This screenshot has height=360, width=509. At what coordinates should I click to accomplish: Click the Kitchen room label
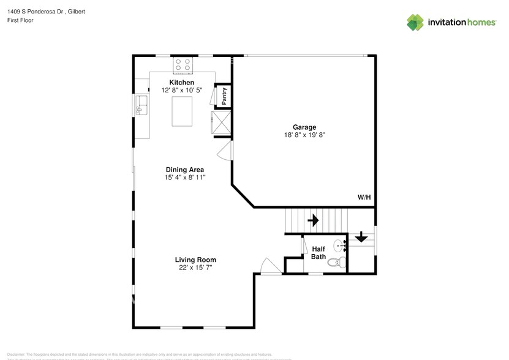click(182, 83)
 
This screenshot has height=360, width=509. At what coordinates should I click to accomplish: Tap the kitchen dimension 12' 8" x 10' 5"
click(182, 91)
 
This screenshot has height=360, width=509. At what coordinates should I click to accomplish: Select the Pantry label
click(225, 95)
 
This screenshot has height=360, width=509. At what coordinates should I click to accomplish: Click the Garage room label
click(304, 127)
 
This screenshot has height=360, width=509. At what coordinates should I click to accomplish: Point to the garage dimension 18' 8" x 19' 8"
click(304, 135)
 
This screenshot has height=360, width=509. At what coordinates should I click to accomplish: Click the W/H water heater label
click(364, 197)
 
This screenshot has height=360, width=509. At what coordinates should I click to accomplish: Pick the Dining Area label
click(185, 170)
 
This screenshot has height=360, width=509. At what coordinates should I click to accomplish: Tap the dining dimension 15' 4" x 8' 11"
click(185, 178)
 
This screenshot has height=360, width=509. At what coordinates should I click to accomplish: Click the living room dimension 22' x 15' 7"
click(196, 268)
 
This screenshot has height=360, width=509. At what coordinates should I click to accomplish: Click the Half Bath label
click(319, 253)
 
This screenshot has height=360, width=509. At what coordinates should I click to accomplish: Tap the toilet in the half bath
click(334, 263)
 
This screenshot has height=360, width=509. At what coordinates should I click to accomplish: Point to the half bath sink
click(341, 246)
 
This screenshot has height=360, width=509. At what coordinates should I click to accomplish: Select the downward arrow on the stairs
click(361, 236)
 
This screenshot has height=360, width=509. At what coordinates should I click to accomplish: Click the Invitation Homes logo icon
click(415, 23)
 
